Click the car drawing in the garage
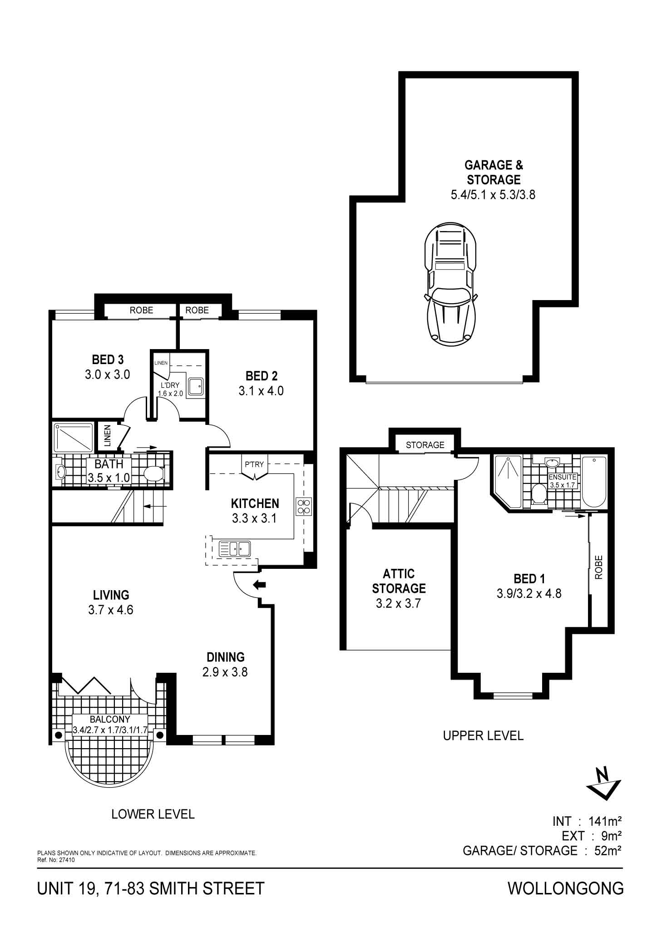coord(450,284)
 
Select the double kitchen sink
coord(234,548)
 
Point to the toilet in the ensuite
coord(539,494)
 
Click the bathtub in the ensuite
coord(594,482)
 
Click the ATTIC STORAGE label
coord(399,581)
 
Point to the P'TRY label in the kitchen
coord(254,464)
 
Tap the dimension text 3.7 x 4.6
coord(111,610)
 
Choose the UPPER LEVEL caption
coord(483,735)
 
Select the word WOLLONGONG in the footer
coord(565,888)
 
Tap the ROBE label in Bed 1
coord(598,567)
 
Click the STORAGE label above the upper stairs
coord(425,445)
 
